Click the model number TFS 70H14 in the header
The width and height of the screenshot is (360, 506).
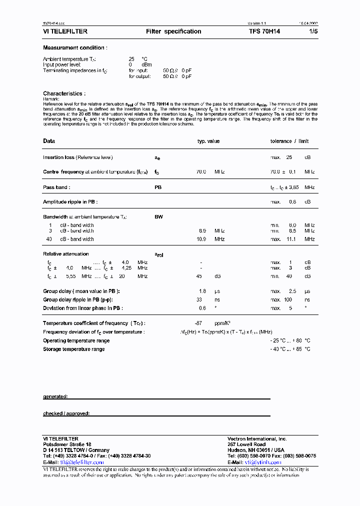(x=264, y=31)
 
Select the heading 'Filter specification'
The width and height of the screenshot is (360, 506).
(x=173, y=31)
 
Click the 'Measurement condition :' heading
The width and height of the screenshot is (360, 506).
(x=75, y=48)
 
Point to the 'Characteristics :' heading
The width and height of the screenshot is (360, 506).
(x=64, y=93)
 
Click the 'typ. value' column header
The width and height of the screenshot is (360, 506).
(x=208, y=141)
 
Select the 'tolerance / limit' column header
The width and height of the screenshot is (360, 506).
(x=289, y=141)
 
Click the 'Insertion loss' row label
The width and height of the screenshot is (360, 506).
(x=58, y=157)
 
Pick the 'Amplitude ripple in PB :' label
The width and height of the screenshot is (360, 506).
(x=70, y=201)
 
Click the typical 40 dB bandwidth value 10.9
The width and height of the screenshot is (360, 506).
(x=202, y=239)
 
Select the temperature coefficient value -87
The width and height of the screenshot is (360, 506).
(x=201, y=323)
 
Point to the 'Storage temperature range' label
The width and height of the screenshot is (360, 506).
(x=74, y=349)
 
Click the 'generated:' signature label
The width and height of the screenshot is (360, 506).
(x=55, y=396)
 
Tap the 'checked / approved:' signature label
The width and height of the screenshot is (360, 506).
(x=66, y=413)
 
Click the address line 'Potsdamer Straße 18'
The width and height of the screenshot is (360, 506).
(x=67, y=444)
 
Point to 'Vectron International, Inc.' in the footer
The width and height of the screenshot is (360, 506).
(x=257, y=438)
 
